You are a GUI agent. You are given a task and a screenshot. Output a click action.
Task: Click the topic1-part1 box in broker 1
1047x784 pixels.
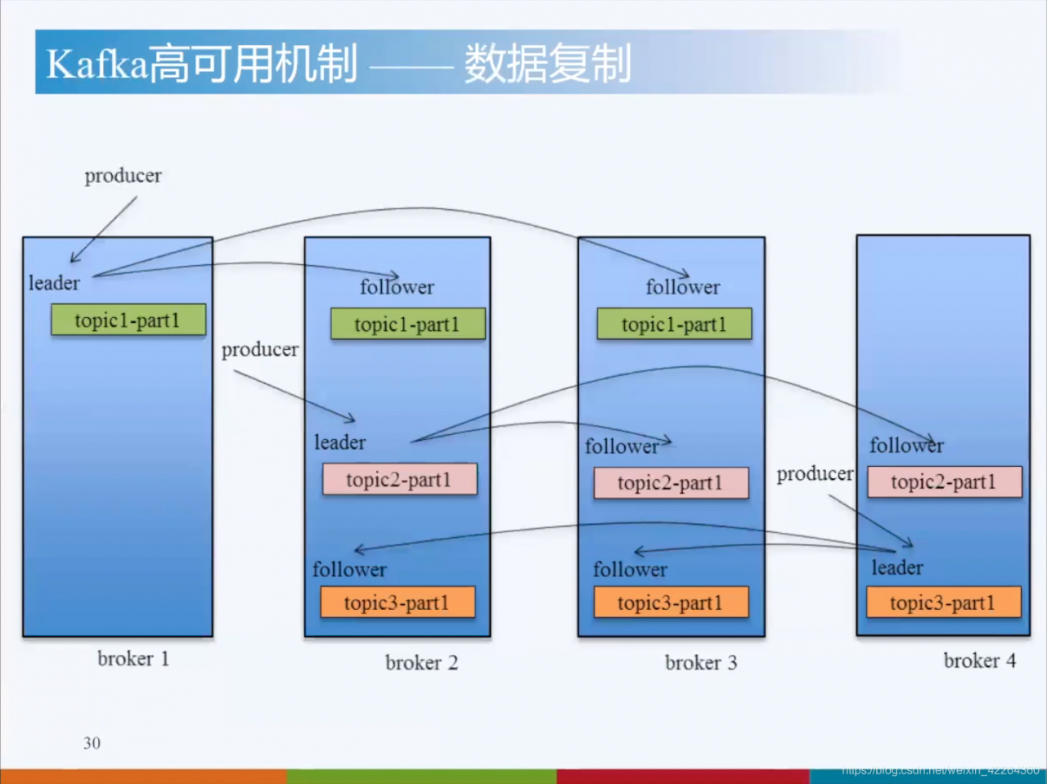pyautogui.click(x=128, y=320)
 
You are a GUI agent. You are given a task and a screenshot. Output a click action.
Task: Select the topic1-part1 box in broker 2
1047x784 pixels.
pyautogui.click(x=407, y=324)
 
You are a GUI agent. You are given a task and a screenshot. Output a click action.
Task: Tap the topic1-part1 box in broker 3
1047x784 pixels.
pyautogui.click(x=674, y=324)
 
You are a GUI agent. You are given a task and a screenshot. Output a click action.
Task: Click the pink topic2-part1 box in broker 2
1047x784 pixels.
pyautogui.click(x=399, y=479)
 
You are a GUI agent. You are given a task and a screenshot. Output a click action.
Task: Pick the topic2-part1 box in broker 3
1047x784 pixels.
pyautogui.click(x=671, y=482)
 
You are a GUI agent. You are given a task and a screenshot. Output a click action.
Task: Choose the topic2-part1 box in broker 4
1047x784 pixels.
pyautogui.click(x=944, y=482)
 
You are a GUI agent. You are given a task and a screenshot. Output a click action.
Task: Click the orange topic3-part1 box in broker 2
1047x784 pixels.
pyautogui.click(x=397, y=603)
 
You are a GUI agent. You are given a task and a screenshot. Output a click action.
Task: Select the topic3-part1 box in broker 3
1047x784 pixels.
pyautogui.click(x=671, y=603)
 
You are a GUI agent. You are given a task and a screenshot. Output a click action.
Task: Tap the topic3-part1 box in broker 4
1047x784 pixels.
pyautogui.click(x=943, y=603)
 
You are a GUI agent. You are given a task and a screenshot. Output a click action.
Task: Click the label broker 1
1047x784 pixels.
pyautogui.click(x=133, y=658)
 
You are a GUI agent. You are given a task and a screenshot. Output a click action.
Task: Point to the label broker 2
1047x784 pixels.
pyautogui.click(x=421, y=662)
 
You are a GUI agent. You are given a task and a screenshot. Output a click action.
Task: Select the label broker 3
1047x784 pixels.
pyautogui.click(x=701, y=662)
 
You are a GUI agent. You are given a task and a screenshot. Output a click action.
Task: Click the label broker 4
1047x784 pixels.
pyautogui.click(x=979, y=660)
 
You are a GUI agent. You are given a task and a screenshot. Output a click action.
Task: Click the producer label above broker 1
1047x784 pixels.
pyautogui.click(x=123, y=176)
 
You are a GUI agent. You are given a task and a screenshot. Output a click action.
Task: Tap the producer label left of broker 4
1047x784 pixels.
pyautogui.click(x=815, y=473)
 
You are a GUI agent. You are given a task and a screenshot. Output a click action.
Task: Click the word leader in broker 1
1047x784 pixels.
pyautogui.click(x=54, y=283)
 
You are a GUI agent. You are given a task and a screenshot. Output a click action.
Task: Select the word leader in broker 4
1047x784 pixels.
pyautogui.click(x=896, y=567)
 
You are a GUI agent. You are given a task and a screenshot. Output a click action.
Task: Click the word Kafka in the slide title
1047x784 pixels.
pyautogui.click(x=97, y=64)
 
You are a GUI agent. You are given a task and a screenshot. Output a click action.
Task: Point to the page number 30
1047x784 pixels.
pyautogui.click(x=92, y=742)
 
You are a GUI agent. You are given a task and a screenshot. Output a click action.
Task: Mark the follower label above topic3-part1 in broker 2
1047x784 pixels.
pyautogui.click(x=349, y=569)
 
